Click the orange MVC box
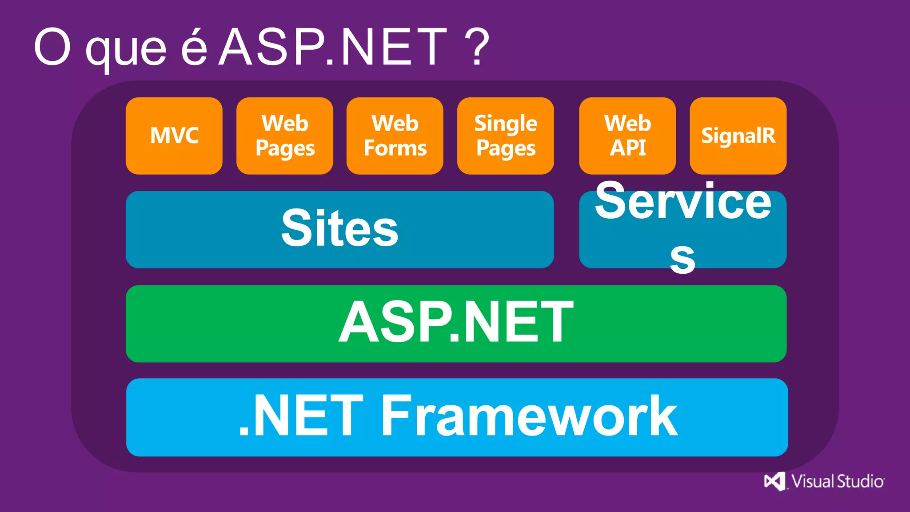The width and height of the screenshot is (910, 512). (x=174, y=136)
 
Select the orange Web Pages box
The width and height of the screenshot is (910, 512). (x=285, y=136)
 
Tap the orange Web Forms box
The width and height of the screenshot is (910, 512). (x=395, y=136)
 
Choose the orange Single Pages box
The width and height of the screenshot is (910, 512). (x=506, y=136)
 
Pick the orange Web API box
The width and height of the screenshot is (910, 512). (x=627, y=136)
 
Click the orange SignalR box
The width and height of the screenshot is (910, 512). (x=738, y=136)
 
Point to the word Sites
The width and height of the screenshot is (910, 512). (x=340, y=228)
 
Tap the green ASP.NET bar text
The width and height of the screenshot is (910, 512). (x=456, y=322)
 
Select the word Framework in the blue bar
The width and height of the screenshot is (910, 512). (x=529, y=416)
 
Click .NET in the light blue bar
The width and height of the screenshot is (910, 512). (x=301, y=416)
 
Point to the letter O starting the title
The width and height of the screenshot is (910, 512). (x=52, y=47)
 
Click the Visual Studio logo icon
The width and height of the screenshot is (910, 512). (x=774, y=481)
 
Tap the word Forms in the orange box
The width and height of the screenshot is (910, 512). (x=395, y=148)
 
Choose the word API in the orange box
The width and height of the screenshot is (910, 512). (x=627, y=148)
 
